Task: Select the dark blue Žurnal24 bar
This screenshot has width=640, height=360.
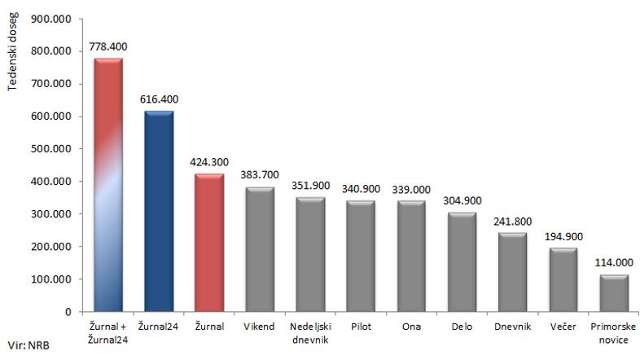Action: click(159, 212)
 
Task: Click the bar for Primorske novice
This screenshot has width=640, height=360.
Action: click(615, 293)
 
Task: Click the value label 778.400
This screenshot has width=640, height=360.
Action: click(108, 48)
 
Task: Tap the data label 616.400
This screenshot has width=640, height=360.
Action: click(159, 99)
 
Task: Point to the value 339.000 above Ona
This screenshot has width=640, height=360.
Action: click(412, 190)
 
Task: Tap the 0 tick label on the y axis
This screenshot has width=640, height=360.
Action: click(69, 312)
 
